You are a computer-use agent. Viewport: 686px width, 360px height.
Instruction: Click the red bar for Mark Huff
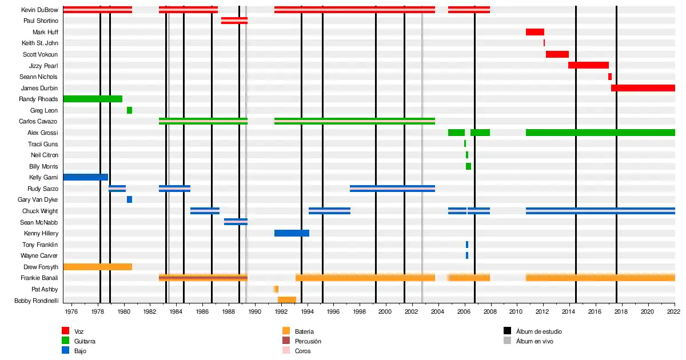(535, 32)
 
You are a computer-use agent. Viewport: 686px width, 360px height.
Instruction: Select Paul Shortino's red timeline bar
(234, 21)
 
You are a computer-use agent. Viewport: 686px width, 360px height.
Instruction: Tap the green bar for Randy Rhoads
(93, 99)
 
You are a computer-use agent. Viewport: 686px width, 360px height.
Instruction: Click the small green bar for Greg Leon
(129, 110)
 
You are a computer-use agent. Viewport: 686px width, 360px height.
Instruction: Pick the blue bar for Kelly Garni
(85, 177)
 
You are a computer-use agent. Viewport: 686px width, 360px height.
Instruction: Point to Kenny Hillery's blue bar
(292, 233)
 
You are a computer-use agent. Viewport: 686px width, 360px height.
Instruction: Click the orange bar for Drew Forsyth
(97, 267)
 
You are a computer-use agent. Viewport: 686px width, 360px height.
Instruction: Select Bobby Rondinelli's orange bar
(287, 300)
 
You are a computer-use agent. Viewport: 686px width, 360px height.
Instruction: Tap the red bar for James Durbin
(643, 88)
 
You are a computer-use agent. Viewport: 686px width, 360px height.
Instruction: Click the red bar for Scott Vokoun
(557, 54)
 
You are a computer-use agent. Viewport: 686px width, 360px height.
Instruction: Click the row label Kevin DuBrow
(39, 10)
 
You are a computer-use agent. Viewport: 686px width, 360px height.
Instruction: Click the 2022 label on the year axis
(673, 311)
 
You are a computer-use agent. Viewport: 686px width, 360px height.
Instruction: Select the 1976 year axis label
(71, 311)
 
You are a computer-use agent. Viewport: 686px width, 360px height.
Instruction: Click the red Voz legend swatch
(66, 331)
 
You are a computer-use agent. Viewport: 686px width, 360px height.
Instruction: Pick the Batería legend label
(304, 331)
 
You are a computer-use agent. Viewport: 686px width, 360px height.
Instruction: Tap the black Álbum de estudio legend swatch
(507, 331)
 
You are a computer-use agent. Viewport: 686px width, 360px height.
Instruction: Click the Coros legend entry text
(303, 351)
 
